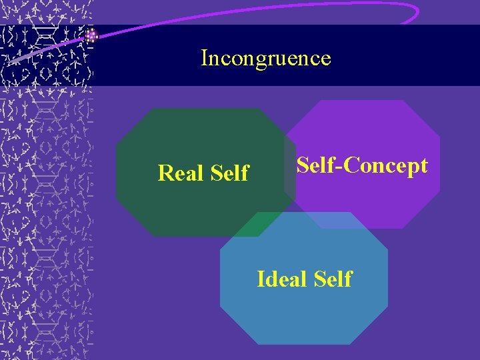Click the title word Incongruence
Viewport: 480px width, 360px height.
(x=265, y=59)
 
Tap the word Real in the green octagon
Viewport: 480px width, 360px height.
(x=181, y=173)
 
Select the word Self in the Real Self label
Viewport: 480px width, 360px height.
(x=229, y=173)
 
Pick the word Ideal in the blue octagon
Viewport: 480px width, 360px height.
(x=281, y=279)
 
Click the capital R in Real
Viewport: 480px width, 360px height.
(x=165, y=173)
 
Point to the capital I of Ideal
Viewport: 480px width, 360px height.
(x=261, y=279)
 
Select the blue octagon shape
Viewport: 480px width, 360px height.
(x=303, y=313)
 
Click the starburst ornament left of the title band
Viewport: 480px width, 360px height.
(x=91, y=36)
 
